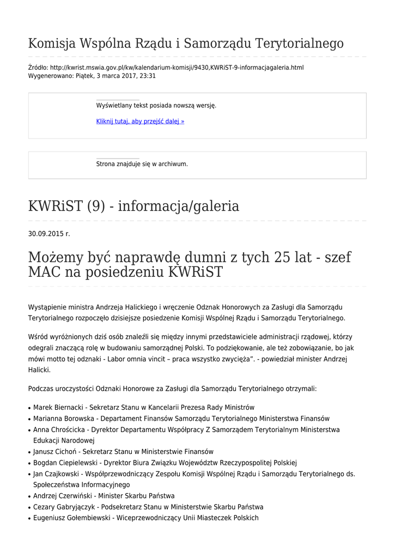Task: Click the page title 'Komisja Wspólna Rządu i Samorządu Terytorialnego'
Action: click(x=186, y=43)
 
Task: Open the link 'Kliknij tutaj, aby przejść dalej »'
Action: click(x=140, y=122)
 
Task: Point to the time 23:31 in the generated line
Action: click(x=147, y=76)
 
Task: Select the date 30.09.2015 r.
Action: click(x=49, y=234)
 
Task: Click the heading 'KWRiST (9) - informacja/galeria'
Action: click(x=133, y=207)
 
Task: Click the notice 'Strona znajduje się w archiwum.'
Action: click(x=142, y=164)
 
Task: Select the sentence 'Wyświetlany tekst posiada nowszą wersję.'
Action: click(x=156, y=106)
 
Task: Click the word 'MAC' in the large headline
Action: click(x=44, y=272)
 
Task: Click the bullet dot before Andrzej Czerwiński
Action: click(x=29, y=496)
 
